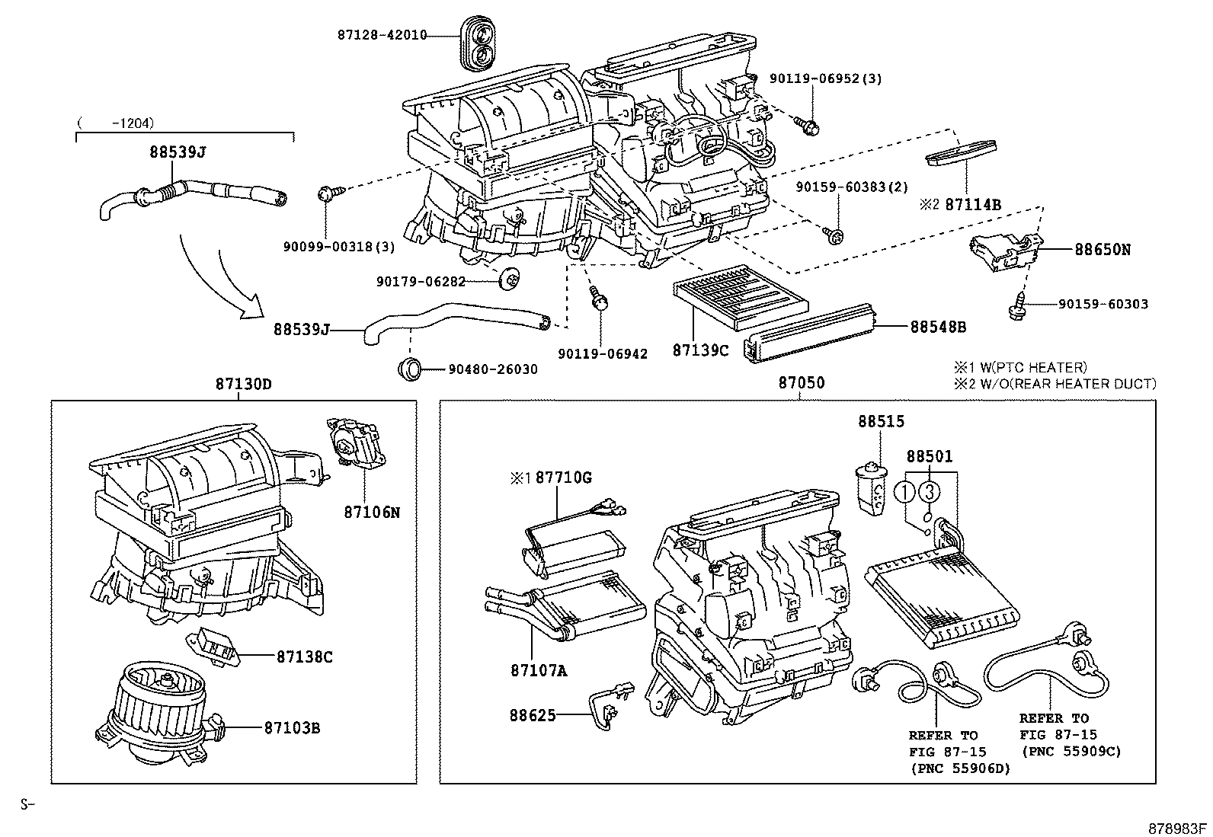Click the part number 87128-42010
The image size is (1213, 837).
tap(382, 35)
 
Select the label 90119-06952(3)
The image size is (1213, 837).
tap(826, 78)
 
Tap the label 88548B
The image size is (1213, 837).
tap(938, 327)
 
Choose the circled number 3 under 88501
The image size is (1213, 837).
tap(929, 491)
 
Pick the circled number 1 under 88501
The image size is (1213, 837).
tap(904, 491)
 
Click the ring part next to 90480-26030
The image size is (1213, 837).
tap(411, 369)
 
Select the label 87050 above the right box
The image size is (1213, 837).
tap(801, 383)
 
